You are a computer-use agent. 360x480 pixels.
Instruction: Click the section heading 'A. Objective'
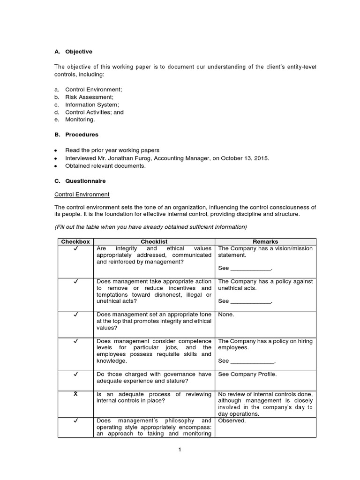coord(73,52)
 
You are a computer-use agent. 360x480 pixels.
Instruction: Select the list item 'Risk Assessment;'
coord(89,97)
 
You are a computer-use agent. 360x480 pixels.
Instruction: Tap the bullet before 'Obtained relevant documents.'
coord(56,165)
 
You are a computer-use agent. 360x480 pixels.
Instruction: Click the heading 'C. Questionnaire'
coord(80,181)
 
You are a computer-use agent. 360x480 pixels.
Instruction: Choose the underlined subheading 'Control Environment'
coord(82,194)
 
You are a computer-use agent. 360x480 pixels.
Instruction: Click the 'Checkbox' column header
coord(75,242)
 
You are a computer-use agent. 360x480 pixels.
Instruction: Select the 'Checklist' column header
coord(154,242)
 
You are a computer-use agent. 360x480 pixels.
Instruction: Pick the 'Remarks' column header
coord(265,242)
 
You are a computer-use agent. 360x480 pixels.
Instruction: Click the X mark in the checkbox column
coord(75,394)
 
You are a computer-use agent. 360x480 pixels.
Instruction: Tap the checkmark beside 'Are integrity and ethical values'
coord(75,248)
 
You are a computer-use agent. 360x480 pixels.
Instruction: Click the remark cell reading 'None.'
coord(226,315)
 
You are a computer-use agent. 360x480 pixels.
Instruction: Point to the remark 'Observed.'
coord(232,420)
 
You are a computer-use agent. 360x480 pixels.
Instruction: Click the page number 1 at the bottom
coord(179,450)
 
